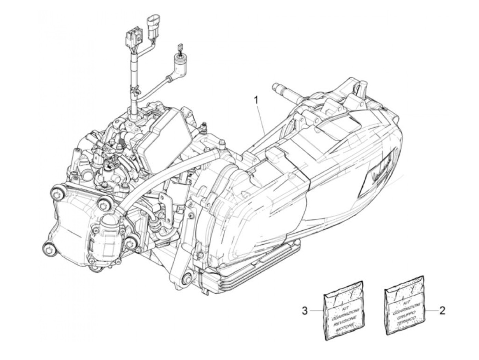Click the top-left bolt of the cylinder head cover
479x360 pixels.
(x=57, y=192)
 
